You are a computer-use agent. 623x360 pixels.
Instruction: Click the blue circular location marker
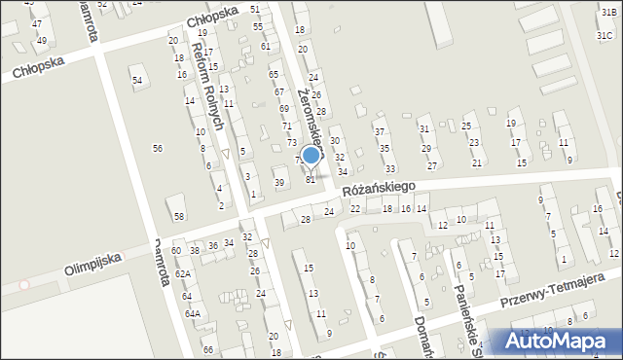pyautogui.click(x=311, y=155)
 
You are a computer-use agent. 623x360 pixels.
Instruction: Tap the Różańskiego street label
pyautogui.click(x=379, y=186)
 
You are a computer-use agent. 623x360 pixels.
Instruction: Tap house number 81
pyautogui.click(x=311, y=179)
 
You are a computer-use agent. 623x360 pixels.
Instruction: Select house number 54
pyautogui.click(x=137, y=80)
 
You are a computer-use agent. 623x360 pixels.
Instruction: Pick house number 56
pyautogui.click(x=157, y=147)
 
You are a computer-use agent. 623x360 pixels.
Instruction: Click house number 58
pyautogui.click(x=178, y=215)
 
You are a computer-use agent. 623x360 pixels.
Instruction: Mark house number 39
pyautogui.click(x=279, y=183)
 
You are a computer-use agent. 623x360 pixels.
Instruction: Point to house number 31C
pyautogui.click(x=605, y=36)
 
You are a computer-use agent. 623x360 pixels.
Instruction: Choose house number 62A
pyautogui.click(x=182, y=274)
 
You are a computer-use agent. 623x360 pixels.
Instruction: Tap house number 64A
pyautogui.click(x=193, y=313)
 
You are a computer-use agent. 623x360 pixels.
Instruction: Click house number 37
pyautogui.click(x=380, y=131)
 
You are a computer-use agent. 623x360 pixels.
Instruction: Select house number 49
pyautogui.click(x=41, y=41)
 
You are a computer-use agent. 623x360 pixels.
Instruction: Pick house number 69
pyautogui.click(x=283, y=108)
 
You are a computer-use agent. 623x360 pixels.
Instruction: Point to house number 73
pyautogui.click(x=291, y=143)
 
